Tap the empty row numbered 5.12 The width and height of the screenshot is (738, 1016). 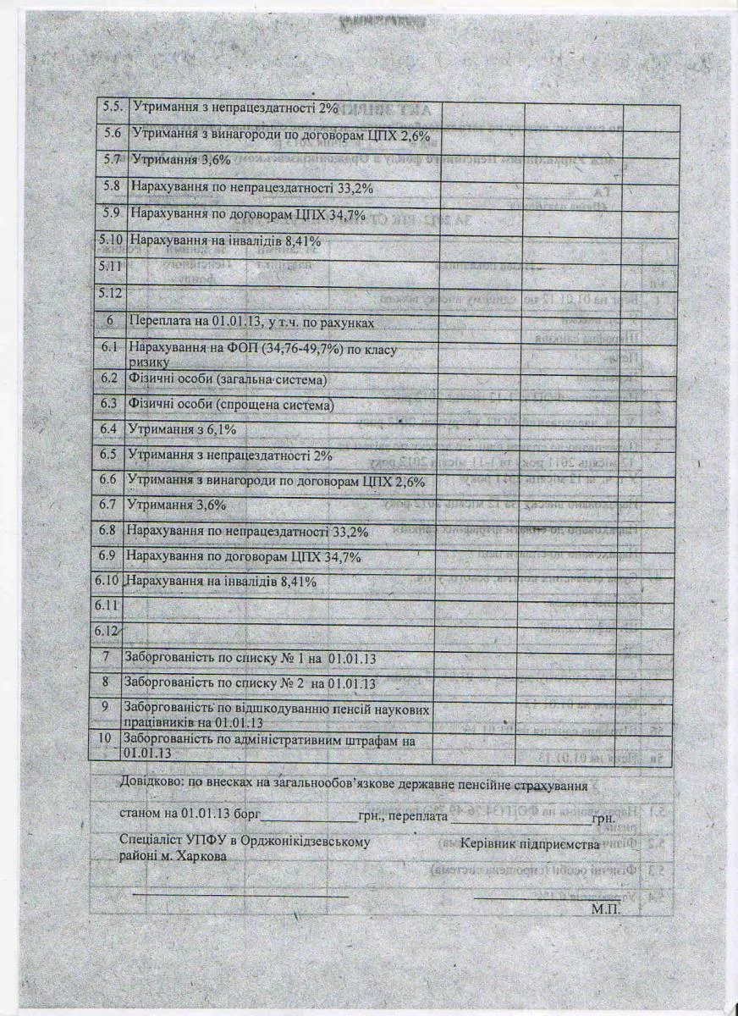(x=110, y=293)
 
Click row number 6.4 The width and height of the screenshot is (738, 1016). (x=109, y=430)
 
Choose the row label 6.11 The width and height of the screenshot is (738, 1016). (x=106, y=606)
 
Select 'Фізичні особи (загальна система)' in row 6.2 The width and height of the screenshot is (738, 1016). (x=226, y=378)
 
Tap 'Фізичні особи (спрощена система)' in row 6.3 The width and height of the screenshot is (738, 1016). (x=230, y=405)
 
